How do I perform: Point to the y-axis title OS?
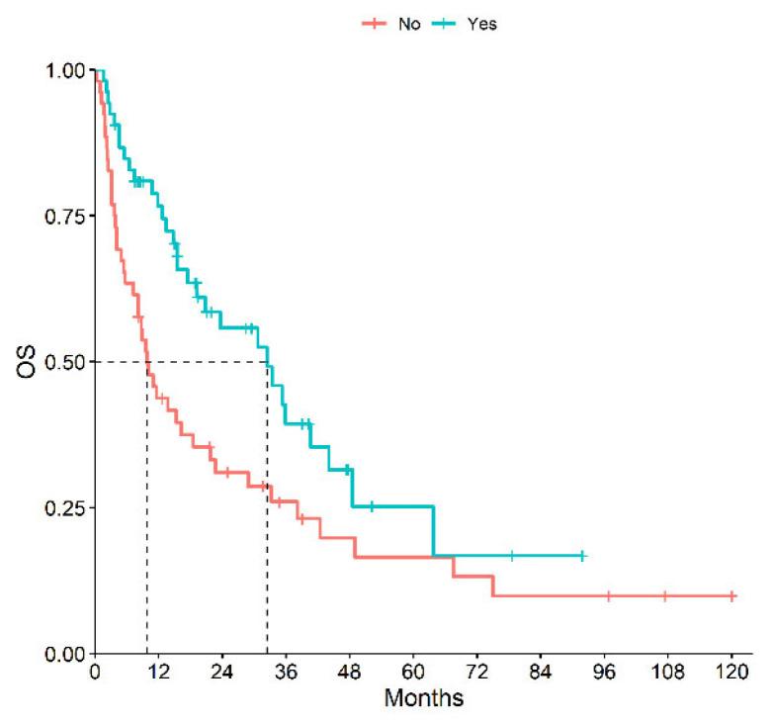point(31,362)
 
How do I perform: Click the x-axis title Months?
point(424,697)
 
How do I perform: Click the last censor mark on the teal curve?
point(582,556)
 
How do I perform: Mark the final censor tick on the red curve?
point(731,596)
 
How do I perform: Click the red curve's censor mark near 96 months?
point(608,596)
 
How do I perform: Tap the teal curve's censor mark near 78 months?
point(512,556)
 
